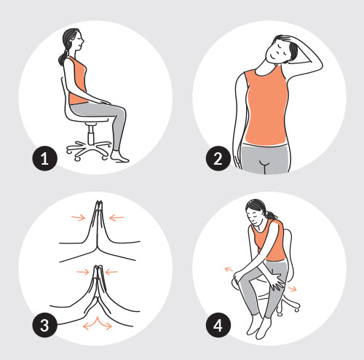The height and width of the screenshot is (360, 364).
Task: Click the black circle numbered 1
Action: pos(45,158)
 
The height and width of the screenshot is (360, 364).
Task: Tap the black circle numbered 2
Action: pos(218,158)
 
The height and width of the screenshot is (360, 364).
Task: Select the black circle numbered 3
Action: pos(45,325)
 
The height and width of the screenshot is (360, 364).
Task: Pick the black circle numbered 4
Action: pos(218,325)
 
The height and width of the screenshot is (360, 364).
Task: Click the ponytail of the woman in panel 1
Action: pos(62,58)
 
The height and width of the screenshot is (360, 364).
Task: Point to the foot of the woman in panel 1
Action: pos(119,157)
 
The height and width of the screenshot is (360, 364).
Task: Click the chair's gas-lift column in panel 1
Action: pos(91,136)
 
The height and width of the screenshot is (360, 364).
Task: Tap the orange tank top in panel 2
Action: pos(266,105)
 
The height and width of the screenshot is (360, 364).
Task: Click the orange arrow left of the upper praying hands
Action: pos(78,218)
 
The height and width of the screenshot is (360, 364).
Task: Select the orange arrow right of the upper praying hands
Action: pos(116,218)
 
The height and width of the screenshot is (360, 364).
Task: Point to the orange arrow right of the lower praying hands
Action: pos(111,272)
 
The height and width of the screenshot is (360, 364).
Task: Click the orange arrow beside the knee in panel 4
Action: pos(229,269)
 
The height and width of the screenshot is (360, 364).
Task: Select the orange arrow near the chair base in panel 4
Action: pos(292,289)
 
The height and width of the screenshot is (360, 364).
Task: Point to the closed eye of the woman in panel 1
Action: pos(78,39)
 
